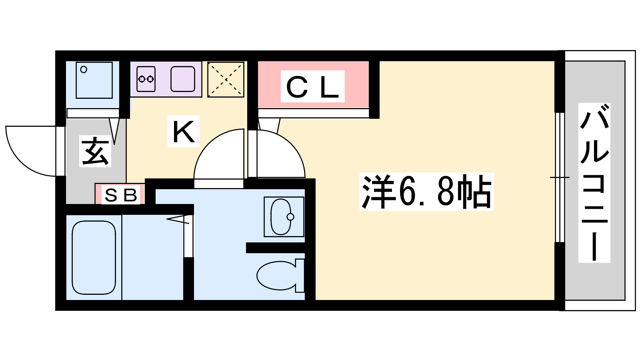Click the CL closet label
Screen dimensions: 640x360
(312, 86)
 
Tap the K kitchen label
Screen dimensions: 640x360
(184, 131)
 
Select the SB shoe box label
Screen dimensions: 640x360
(121, 195)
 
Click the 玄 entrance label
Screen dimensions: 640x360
(95, 151)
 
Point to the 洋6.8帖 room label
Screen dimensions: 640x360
(426, 192)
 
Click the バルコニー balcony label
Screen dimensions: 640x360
(594, 182)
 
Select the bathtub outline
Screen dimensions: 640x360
(94, 258)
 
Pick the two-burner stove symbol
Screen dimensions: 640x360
(146, 79)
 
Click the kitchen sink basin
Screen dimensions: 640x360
(183, 79)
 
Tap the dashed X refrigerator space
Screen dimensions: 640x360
(226, 80)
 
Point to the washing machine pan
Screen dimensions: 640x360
(94, 80)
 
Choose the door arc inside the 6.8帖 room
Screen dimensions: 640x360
(292, 146)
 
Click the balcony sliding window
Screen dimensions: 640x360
(560, 178)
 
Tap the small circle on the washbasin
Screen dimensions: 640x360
(290, 217)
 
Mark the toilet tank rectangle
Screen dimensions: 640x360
(300, 276)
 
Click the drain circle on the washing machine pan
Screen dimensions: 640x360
(84, 70)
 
